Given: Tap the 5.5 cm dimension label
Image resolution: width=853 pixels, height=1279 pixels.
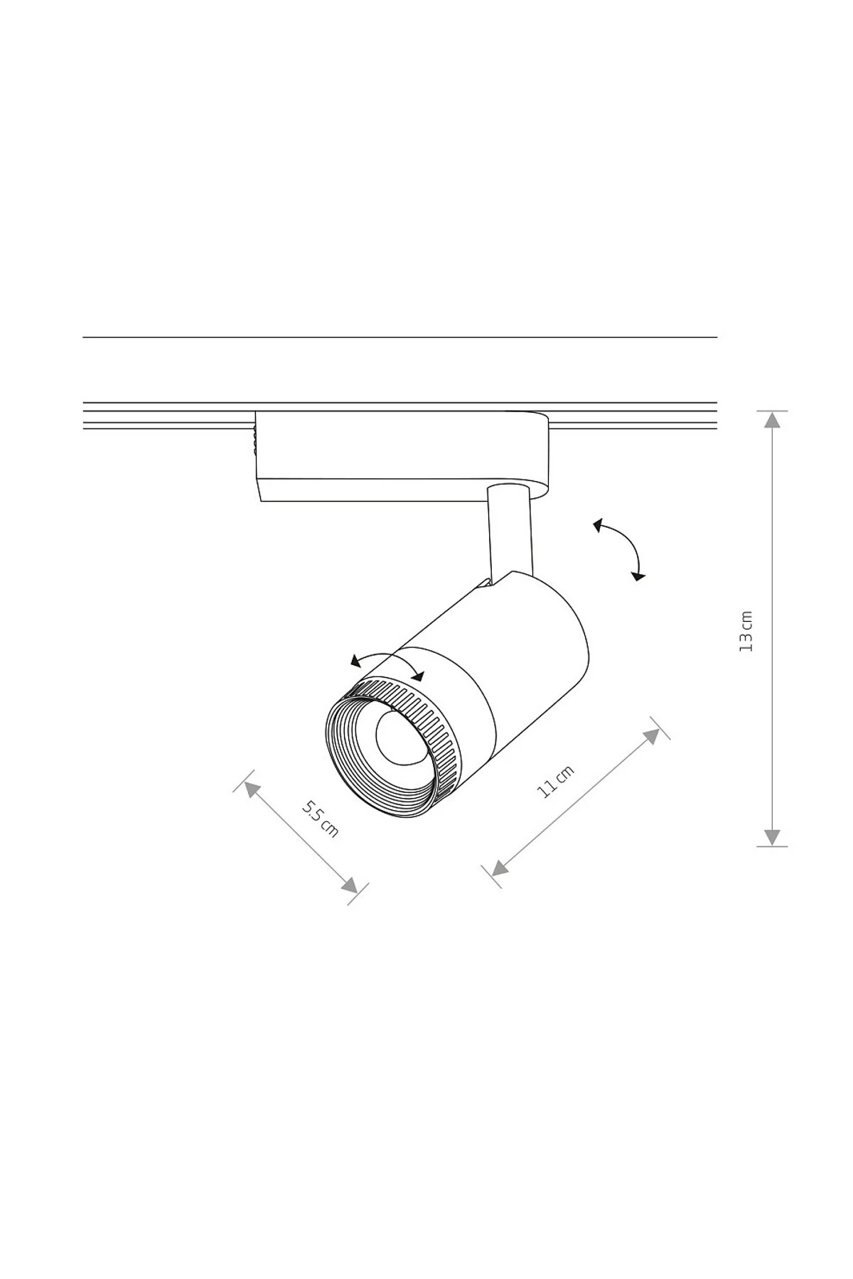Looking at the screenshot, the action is [321, 819].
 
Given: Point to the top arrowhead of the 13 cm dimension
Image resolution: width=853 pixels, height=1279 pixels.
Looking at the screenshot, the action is [772, 419].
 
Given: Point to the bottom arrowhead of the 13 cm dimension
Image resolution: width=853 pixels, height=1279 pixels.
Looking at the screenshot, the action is [772, 837].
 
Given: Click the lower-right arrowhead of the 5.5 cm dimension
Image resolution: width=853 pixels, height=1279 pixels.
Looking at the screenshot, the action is [350, 885].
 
